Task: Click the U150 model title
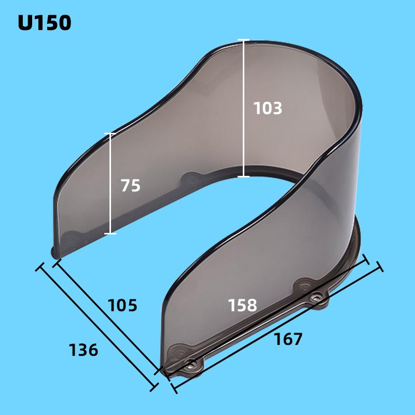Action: (x=44, y=23)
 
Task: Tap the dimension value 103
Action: (x=268, y=108)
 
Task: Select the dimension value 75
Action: (x=131, y=185)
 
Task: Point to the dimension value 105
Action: (x=122, y=305)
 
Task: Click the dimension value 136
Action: (x=84, y=350)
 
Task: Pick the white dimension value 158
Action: (x=243, y=305)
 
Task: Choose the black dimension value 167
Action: (x=288, y=339)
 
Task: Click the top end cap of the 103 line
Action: (x=243, y=40)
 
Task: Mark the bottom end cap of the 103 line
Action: (x=243, y=177)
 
